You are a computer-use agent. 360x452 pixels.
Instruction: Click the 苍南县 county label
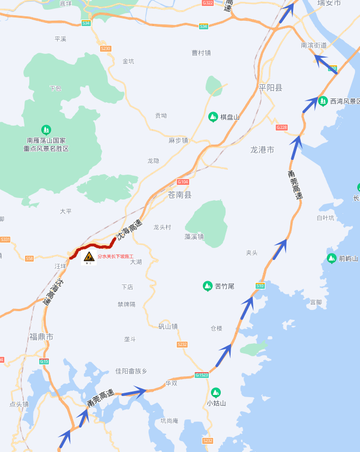pos(179,195)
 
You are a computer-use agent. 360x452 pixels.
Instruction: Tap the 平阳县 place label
pos(270,88)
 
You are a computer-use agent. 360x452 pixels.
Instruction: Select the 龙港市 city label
pos(262,150)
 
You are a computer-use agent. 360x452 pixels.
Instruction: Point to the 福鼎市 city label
pos(42,337)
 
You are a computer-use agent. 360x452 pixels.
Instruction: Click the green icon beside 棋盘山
pos(213,116)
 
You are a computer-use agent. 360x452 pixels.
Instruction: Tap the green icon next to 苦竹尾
pos(207,286)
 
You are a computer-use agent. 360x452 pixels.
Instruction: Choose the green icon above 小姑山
pos(216,392)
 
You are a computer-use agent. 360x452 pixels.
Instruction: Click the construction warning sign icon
pos(89,256)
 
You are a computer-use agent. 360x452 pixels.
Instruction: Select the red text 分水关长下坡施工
pos(115,256)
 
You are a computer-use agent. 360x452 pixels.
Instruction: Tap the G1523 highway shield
pos(202,375)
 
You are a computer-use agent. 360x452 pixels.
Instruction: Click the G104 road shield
pos(183,182)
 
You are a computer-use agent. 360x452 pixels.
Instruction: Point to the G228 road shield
pos(281,127)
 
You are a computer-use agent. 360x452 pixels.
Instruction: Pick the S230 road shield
pos(105,48)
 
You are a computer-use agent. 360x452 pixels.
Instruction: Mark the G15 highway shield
pos(44,361)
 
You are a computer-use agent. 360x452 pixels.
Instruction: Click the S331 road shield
pos(5,239)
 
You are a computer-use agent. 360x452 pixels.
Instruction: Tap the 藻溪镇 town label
pos(194,237)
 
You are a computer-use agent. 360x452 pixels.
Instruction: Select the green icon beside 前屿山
pos(331,258)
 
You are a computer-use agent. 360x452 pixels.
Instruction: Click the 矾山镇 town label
pos(168,326)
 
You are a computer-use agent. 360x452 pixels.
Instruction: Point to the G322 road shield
pos(208,3)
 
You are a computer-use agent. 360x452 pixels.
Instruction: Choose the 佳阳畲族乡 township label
pos(131,371)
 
